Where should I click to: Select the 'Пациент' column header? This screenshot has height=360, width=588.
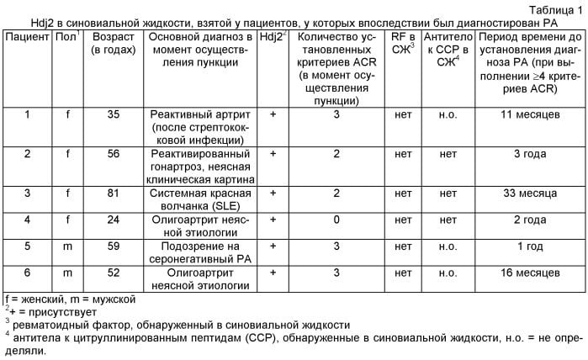point(26,39)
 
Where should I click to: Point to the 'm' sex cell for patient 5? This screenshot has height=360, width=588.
point(64,247)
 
